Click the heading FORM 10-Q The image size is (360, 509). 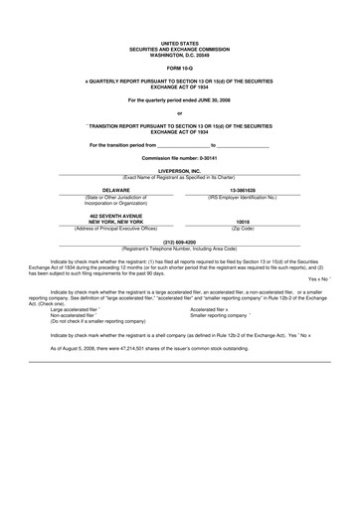point(179,67)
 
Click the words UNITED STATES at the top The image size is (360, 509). point(179,44)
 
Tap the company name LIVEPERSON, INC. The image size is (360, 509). point(179,170)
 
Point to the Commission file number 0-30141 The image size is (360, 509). point(179,158)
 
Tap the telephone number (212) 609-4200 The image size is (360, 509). point(179,241)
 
